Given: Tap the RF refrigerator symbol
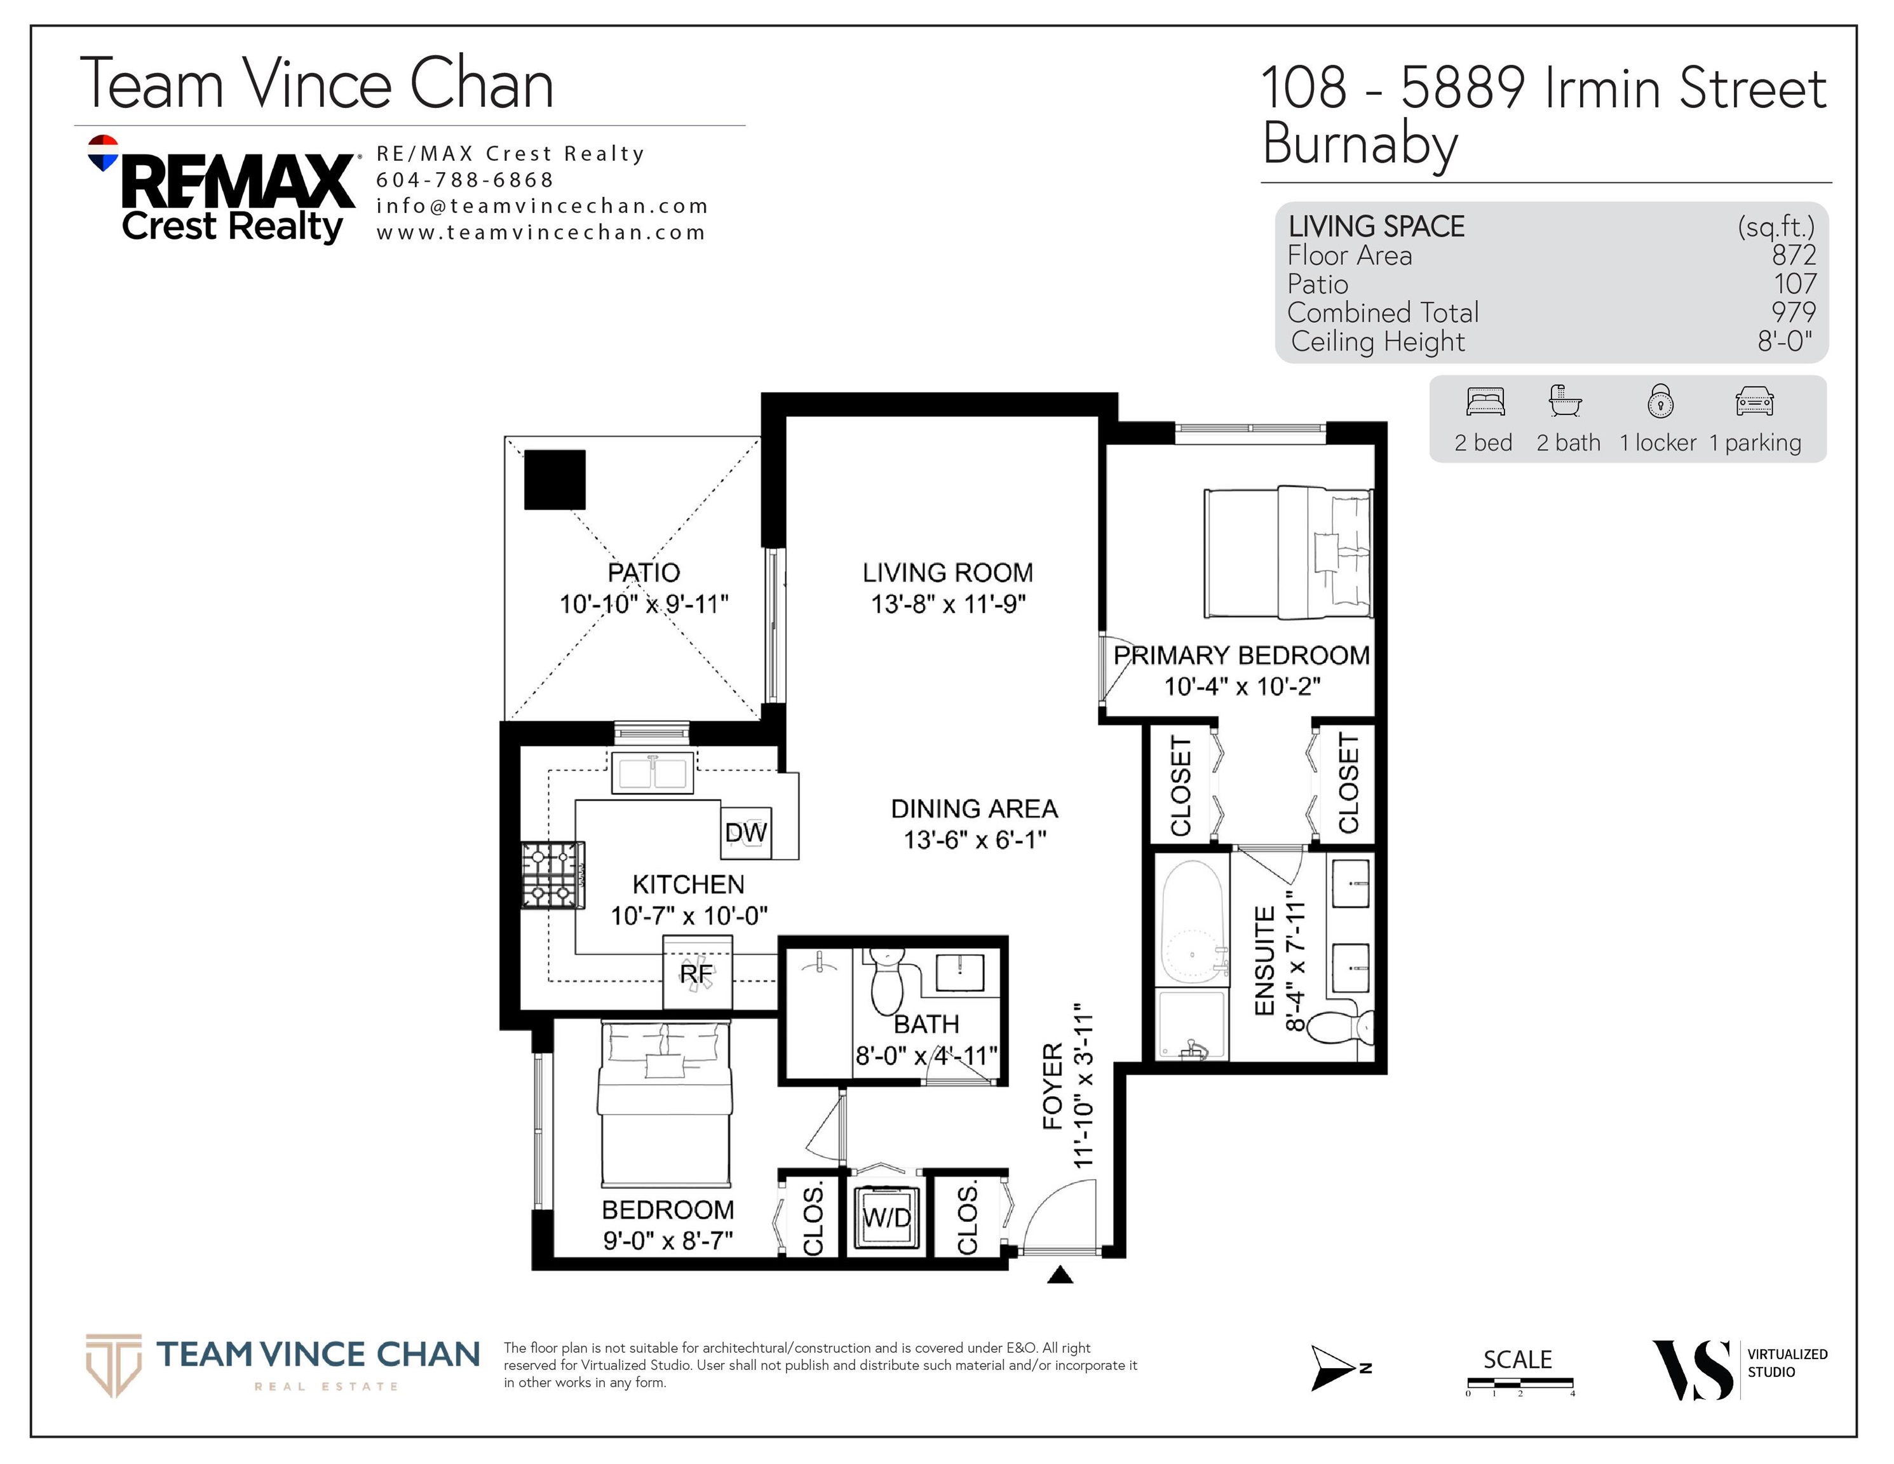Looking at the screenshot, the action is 697,972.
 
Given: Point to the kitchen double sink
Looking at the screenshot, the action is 653,772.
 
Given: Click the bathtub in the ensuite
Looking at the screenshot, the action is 1193,922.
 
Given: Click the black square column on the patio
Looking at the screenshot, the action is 555,480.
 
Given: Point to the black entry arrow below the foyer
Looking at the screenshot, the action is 1060,1274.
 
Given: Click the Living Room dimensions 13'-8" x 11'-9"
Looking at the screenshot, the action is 948,604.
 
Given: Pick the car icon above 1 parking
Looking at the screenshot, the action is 1754,402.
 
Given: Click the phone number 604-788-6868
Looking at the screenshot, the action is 465,180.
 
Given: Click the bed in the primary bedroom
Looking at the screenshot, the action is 1289,552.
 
